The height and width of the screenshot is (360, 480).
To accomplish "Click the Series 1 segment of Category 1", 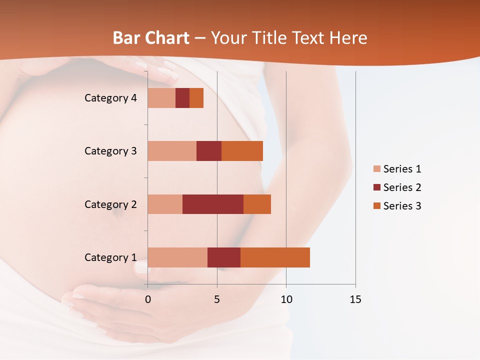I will (x=177, y=257).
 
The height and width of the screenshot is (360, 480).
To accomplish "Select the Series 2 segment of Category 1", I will (x=224, y=257).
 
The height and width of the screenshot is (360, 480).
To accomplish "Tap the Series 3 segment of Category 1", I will (x=275, y=257).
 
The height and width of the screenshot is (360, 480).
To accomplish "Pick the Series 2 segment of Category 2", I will (x=213, y=204).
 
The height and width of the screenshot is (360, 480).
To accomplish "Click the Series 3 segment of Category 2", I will (x=257, y=204).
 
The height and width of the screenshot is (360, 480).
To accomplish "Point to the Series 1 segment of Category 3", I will (x=172, y=150).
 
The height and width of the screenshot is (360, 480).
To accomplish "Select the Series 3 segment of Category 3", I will (x=242, y=150).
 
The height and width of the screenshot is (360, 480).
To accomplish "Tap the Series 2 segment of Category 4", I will (x=182, y=97).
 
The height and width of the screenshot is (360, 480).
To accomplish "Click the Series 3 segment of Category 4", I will (x=196, y=97).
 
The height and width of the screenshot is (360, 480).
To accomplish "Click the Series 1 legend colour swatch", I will (x=377, y=169).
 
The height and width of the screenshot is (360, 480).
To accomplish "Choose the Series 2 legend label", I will (x=402, y=187).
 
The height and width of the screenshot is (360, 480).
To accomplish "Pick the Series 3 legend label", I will (x=402, y=205).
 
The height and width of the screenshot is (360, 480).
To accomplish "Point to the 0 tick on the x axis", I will (x=147, y=299).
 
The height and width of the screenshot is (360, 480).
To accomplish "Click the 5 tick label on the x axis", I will (x=217, y=299).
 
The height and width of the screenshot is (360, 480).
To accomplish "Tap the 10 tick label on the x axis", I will (x=286, y=299).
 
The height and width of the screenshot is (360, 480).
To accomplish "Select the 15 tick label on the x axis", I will (x=355, y=299).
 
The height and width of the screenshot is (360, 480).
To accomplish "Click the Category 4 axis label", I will (x=110, y=98).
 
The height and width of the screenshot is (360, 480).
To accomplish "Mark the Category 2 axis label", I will (x=110, y=204).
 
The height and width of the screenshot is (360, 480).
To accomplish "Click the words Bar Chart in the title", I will (x=151, y=38).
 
